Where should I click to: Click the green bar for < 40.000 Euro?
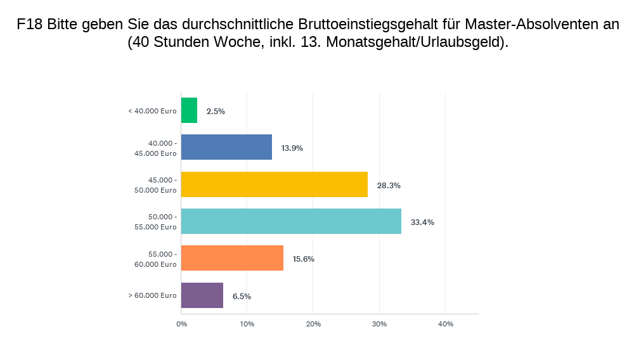(189, 110)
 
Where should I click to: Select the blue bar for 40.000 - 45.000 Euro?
(226, 147)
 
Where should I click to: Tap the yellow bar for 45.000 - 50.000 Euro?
(274, 184)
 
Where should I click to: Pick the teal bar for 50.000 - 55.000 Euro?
(291, 221)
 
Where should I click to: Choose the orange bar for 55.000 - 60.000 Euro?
(232, 258)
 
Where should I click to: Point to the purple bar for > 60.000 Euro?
(202, 295)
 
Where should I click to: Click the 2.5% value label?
(216, 112)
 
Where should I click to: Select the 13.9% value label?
(292, 148)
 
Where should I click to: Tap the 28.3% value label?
(389, 186)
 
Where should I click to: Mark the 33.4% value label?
(422, 222)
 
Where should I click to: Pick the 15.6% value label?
(304, 259)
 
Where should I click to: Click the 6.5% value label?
(242, 297)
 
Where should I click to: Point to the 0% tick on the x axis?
(181, 325)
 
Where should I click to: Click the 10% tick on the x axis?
(247, 325)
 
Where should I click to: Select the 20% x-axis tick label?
(313, 325)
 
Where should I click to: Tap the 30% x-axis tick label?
(379, 325)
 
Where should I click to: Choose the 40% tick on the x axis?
(446, 325)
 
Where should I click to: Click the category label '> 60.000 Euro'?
(152, 295)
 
